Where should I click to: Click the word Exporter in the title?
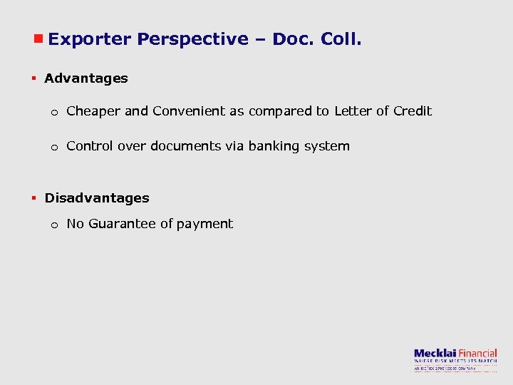pyautogui.click(x=90, y=39)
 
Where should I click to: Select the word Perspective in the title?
pyautogui.click(x=192, y=39)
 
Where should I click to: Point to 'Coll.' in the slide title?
pyautogui.click(x=341, y=39)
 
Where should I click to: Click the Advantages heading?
pyautogui.click(x=86, y=78)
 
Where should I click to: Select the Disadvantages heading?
pyautogui.click(x=97, y=197)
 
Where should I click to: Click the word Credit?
pyautogui.click(x=413, y=111)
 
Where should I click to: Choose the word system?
pyautogui.click(x=330, y=146)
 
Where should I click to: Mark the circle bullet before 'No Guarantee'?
pyautogui.click(x=53, y=225)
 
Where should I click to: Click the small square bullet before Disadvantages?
pyautogui.click(x=33, y=197)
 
